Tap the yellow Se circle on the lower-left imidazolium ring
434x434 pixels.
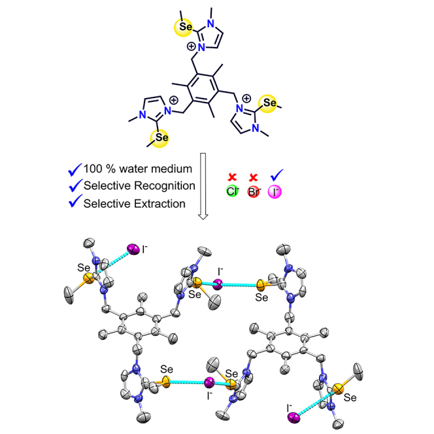pos(161,137)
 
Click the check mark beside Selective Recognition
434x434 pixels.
pos(74,186)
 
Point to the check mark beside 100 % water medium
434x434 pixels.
pos(74,170)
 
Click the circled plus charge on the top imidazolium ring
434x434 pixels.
pos(192,47)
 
